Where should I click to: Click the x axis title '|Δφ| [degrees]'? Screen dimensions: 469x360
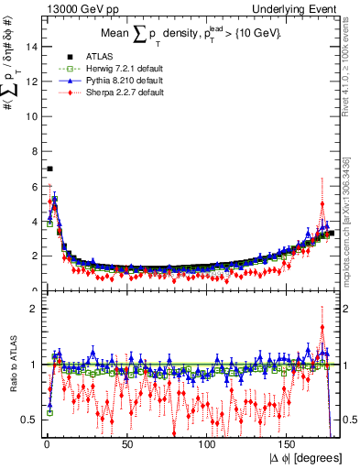(307, 457)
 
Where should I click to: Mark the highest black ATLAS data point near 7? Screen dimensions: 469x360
(49, 169)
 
